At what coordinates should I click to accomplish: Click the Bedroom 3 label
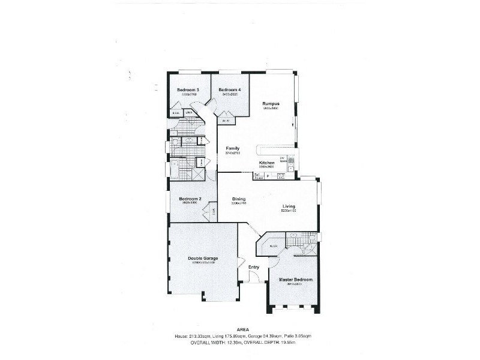point(188,90)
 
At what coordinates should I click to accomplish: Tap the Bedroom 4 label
point(229,90)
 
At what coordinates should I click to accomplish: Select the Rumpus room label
point(271,104)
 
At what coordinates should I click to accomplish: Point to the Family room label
point(233,148)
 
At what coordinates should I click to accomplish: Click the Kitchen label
point(267,163)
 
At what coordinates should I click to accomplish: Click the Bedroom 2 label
point(189,199)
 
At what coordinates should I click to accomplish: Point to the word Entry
point(254,268)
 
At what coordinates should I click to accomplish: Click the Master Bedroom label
point(295,280)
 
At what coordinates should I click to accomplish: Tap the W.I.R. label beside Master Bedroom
point(272,247)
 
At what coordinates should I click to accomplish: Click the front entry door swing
point(254,277)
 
